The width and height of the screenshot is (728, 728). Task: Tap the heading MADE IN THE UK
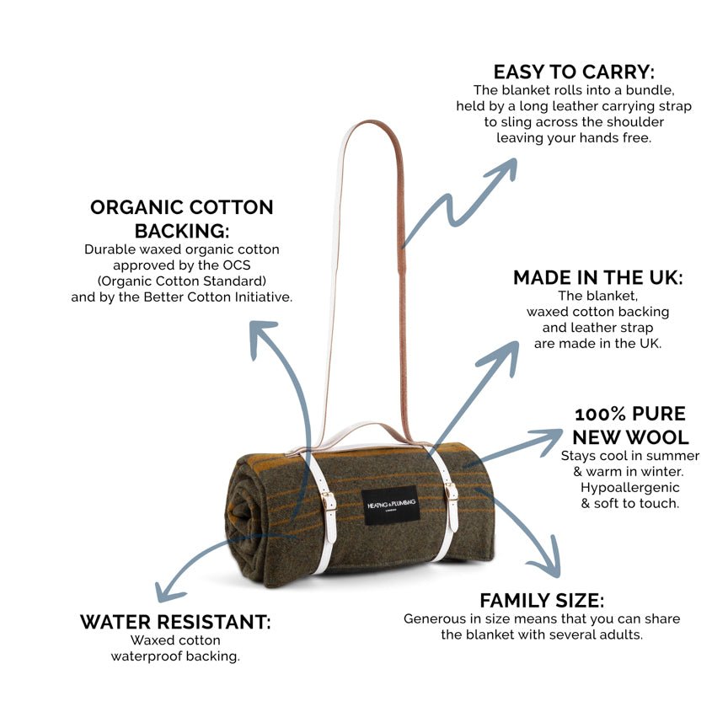(597, 278)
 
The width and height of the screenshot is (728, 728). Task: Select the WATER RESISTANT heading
(175, 622)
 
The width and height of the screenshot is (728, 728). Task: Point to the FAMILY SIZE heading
(541, 600)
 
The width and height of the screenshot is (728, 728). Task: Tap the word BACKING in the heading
(182, 230)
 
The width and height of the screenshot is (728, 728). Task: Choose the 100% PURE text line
(630, 414)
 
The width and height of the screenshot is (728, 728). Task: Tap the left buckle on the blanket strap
(328, 502)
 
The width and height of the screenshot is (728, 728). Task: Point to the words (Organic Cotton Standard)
(182, 281)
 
